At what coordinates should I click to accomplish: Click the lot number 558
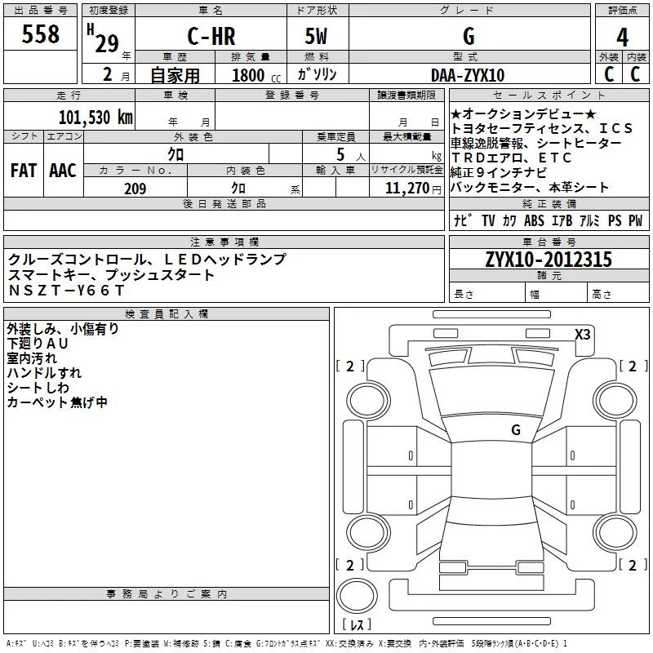tap(41, 34)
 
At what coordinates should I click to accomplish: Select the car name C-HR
tap(211, 36)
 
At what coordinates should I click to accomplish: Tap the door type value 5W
tap(318, 36)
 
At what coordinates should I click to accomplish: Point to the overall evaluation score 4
tap(622, 38)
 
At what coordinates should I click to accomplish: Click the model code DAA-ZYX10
tap(468, 75)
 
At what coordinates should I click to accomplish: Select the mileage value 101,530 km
tap(95, 117)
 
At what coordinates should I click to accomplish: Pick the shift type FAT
tap(23, 170)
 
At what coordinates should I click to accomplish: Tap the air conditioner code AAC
tap(62, 170)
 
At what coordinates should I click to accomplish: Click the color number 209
tap(135, 189)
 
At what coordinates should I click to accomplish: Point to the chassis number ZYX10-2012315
tap(549, 260)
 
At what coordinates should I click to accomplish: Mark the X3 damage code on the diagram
tap(582, 334)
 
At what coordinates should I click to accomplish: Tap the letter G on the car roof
tap(515, 429)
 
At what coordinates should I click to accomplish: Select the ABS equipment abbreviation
tap(534, 221)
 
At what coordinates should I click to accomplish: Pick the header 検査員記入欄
tap(167, 313)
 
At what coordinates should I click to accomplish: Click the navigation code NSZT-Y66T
tap(66, 291)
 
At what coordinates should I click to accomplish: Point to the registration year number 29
tap(106, 42)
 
